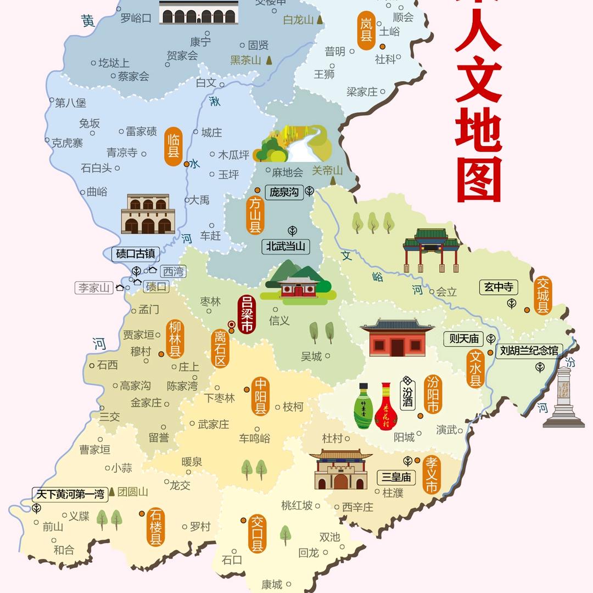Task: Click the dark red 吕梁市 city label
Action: pos(247,315)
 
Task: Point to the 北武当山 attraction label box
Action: pos(285,246)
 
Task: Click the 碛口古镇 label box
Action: pos(136,254)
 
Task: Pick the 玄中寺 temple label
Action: pos(499,287)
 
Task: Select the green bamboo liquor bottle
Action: pos(363,406)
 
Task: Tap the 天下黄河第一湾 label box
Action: pos(70,494)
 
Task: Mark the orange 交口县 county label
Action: pos(257,534)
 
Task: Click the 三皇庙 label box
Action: pos(396,477)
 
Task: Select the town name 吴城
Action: pos(311,356)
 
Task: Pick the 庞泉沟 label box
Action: pos(284,192)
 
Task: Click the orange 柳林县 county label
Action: pos(175,339)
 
